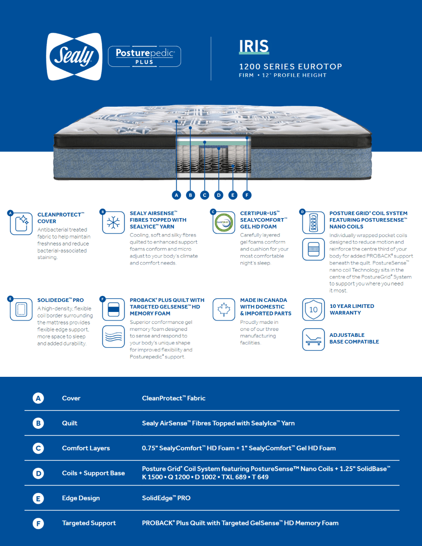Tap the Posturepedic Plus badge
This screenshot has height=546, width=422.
(144, 56)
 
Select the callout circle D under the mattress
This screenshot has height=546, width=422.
(218, 195)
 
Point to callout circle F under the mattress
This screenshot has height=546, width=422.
(246, 195)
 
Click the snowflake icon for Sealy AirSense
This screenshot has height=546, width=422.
(113, 223)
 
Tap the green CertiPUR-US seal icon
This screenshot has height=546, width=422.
(223, 223)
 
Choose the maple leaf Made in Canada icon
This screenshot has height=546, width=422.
(223, 309)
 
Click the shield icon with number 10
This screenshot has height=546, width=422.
(313, 309)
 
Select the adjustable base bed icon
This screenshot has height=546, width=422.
(313, 339)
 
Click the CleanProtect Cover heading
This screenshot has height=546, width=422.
(59, 218)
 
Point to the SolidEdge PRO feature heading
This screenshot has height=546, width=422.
(60, 300)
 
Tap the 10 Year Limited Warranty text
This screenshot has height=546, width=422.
(351, 309)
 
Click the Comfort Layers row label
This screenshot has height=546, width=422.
(85, 448)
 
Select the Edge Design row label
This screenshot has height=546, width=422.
(80, 498)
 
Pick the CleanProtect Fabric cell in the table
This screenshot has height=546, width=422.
(173, 398)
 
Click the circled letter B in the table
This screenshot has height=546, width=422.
(38, 423)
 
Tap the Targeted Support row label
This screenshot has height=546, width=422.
(88, 523)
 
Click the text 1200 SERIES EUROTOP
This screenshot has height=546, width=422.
(290, 66)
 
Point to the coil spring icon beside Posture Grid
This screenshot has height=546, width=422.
(313, 222)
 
